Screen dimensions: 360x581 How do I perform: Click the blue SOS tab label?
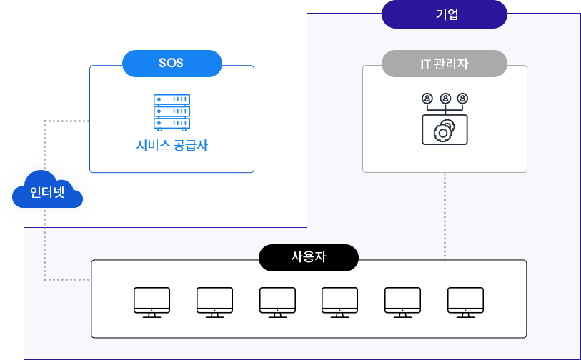pos(172,62)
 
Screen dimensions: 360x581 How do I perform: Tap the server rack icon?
pos(172,113)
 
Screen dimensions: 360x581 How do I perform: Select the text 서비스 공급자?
pos(172,146)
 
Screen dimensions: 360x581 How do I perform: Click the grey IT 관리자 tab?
pos(445,64)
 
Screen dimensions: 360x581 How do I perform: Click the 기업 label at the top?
pos(447,14)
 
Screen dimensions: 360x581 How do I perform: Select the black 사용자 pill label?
pos(309,257)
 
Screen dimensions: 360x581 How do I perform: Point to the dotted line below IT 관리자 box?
pos(445,214)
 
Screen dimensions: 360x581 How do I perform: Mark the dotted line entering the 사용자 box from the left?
pos(68,279)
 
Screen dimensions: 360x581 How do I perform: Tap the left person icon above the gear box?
pos(427,98)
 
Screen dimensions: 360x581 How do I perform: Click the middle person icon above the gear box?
pos(445,98)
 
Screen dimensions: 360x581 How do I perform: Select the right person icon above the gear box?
pos(462,98)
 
